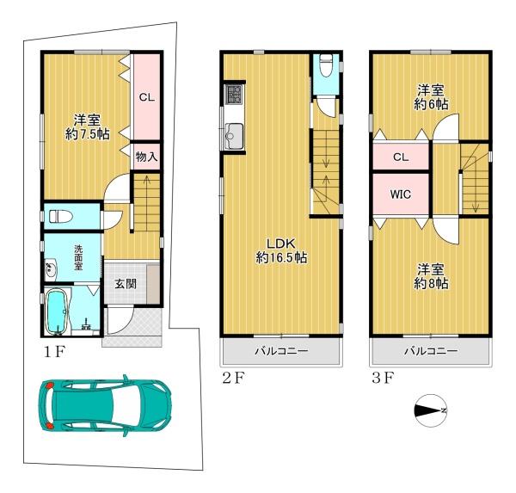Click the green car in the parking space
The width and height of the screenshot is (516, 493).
(105, 405)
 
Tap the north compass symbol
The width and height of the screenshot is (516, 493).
(431, 410)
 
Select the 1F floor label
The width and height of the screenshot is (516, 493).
(55, 353)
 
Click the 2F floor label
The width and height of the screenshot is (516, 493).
(233, 378)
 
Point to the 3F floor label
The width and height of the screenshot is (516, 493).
(383, 378)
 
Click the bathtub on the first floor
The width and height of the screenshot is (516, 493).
(57, 311)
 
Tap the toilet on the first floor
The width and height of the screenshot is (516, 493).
(60, 217)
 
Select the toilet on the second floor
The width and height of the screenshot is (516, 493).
(326, 65)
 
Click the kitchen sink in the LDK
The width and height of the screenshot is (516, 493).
(233, 136)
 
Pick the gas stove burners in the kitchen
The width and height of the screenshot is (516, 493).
(233, 95)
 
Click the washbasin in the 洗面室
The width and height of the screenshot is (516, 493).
(51, 269)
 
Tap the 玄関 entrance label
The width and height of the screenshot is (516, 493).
(126, 284)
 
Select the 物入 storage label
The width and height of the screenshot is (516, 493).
(147, 157)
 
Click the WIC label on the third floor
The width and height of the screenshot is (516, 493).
(401, 194)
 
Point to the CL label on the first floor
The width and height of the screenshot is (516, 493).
(147, 97)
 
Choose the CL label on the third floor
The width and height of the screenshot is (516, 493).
(401, 157)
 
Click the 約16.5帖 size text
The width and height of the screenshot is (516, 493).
(282, 257)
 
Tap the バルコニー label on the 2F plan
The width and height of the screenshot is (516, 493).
(282, 351)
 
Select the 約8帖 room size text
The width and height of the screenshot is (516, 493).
(431, 284)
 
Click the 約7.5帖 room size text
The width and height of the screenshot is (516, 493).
(88, 134)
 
